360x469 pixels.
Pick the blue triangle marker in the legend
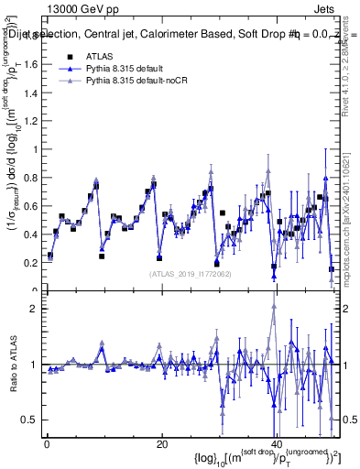coord(70,69)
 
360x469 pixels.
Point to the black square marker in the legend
coord(70,56)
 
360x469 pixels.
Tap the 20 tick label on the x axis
coord(161,446)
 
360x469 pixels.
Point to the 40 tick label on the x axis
coord(277,446)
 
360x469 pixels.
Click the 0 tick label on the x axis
coord(46,446)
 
